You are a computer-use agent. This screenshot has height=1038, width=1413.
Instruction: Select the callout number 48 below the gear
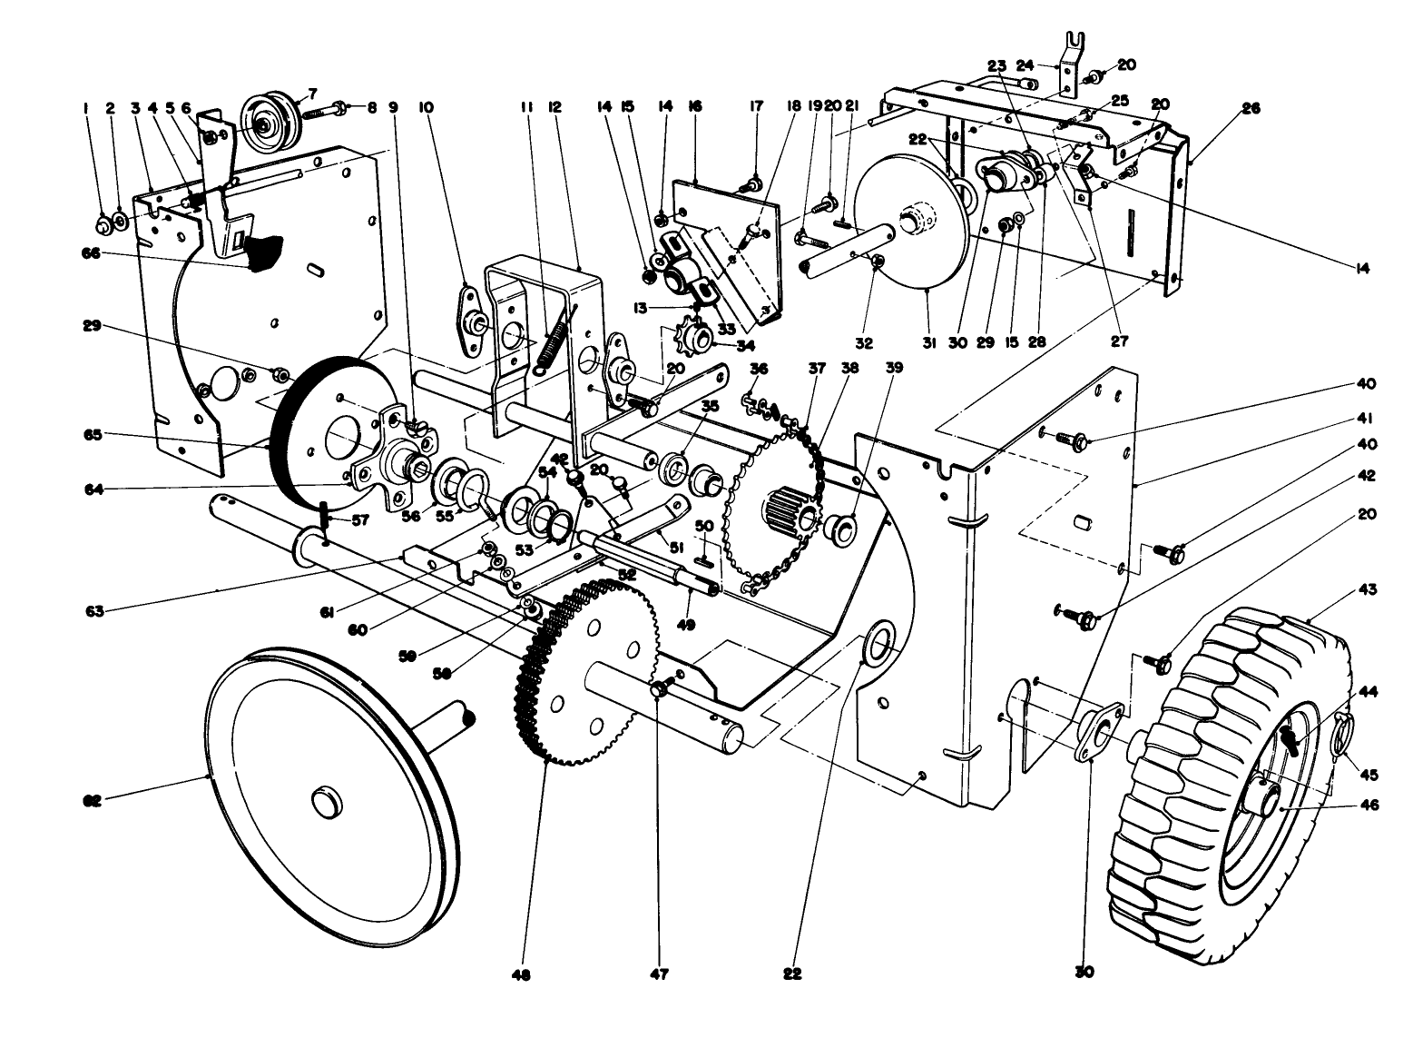pyautogui.click(x=520, y=975)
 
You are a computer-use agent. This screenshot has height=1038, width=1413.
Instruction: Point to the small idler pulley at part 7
pyautogui.click(x=270, y=120)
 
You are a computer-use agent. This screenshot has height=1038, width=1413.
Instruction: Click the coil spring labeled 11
pyautogui.click(x=555, y=341)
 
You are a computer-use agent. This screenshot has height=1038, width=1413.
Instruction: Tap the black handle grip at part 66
pyautogui.click(x=262, y=251)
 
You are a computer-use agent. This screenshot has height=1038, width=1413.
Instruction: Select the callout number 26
pyautogui.click(x=1251, y=108)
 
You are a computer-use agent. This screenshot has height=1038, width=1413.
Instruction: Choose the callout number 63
pyautogui.click(x=93, y=611)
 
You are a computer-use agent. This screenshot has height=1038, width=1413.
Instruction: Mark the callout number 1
pyautogui.click(x=86, y=107)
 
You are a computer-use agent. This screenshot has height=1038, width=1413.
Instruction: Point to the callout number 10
pyautogui.click(x=426, y=107)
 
